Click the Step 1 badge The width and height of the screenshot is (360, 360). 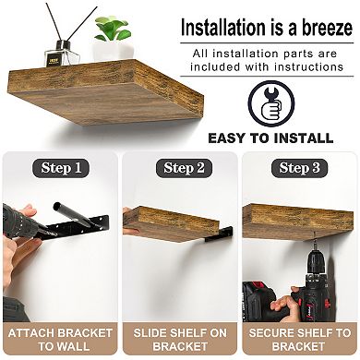pos(61,168)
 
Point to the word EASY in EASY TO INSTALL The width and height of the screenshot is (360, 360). pos(231,138)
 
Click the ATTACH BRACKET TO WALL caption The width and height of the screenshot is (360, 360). pos(60,339)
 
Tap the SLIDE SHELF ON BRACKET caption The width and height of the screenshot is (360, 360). pos(180,339)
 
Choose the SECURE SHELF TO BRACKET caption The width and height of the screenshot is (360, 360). pos(299,339)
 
